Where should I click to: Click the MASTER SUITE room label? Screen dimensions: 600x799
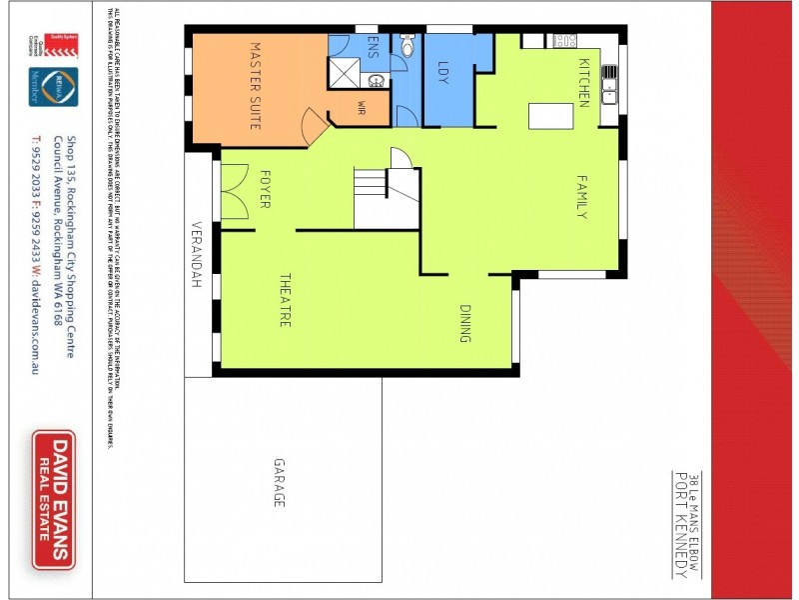click(x=254, y=86)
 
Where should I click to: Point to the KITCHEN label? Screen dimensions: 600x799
click(x=583, y=82)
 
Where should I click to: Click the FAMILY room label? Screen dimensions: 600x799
click(x=581, y=196)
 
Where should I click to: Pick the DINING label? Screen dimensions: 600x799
click(x=464, y=324)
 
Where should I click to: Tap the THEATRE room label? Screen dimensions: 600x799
click(x=284, y=300)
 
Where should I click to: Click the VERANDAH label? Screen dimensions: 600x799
click(x=198, y=255)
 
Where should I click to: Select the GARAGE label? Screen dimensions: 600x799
click(x=280, y=482)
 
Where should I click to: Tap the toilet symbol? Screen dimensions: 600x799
click(x=406, y=46)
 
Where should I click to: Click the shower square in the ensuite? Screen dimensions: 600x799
click(x=348, y=72)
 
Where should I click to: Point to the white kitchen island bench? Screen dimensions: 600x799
click(x=551, y=116)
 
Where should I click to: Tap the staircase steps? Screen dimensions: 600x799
click(x=371, y=185)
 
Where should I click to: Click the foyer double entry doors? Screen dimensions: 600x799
click(x=234, y=191)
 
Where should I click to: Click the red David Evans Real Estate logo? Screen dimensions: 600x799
click(x=53, y=500)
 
